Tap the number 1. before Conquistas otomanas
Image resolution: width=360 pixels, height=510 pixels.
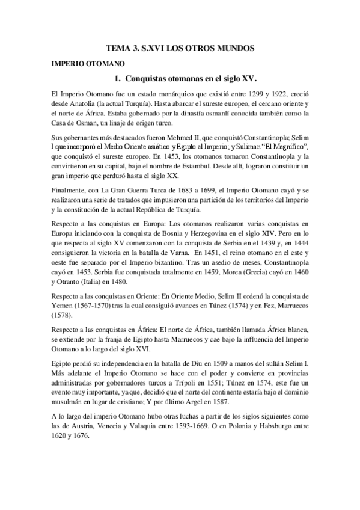coord(118,78)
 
